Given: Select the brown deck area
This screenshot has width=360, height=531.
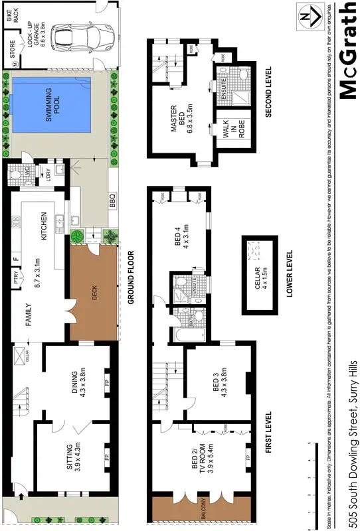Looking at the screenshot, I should click(95, 293).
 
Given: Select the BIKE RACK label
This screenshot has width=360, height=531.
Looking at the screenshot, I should click(11, 16).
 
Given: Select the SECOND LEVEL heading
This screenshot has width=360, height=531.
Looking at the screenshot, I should click(270, 92).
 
